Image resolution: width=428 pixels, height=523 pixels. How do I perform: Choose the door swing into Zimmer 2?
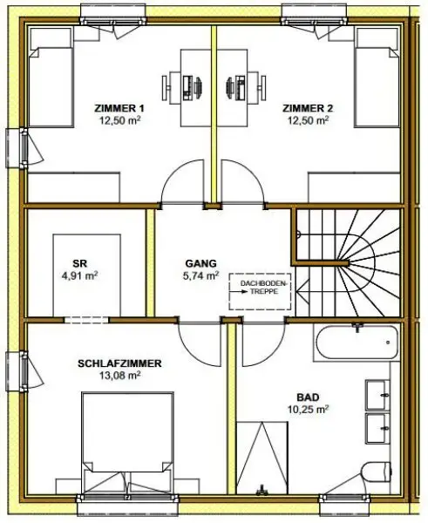click(x=241, y=186)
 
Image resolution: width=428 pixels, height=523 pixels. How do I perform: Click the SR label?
click(x=79, y=261)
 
